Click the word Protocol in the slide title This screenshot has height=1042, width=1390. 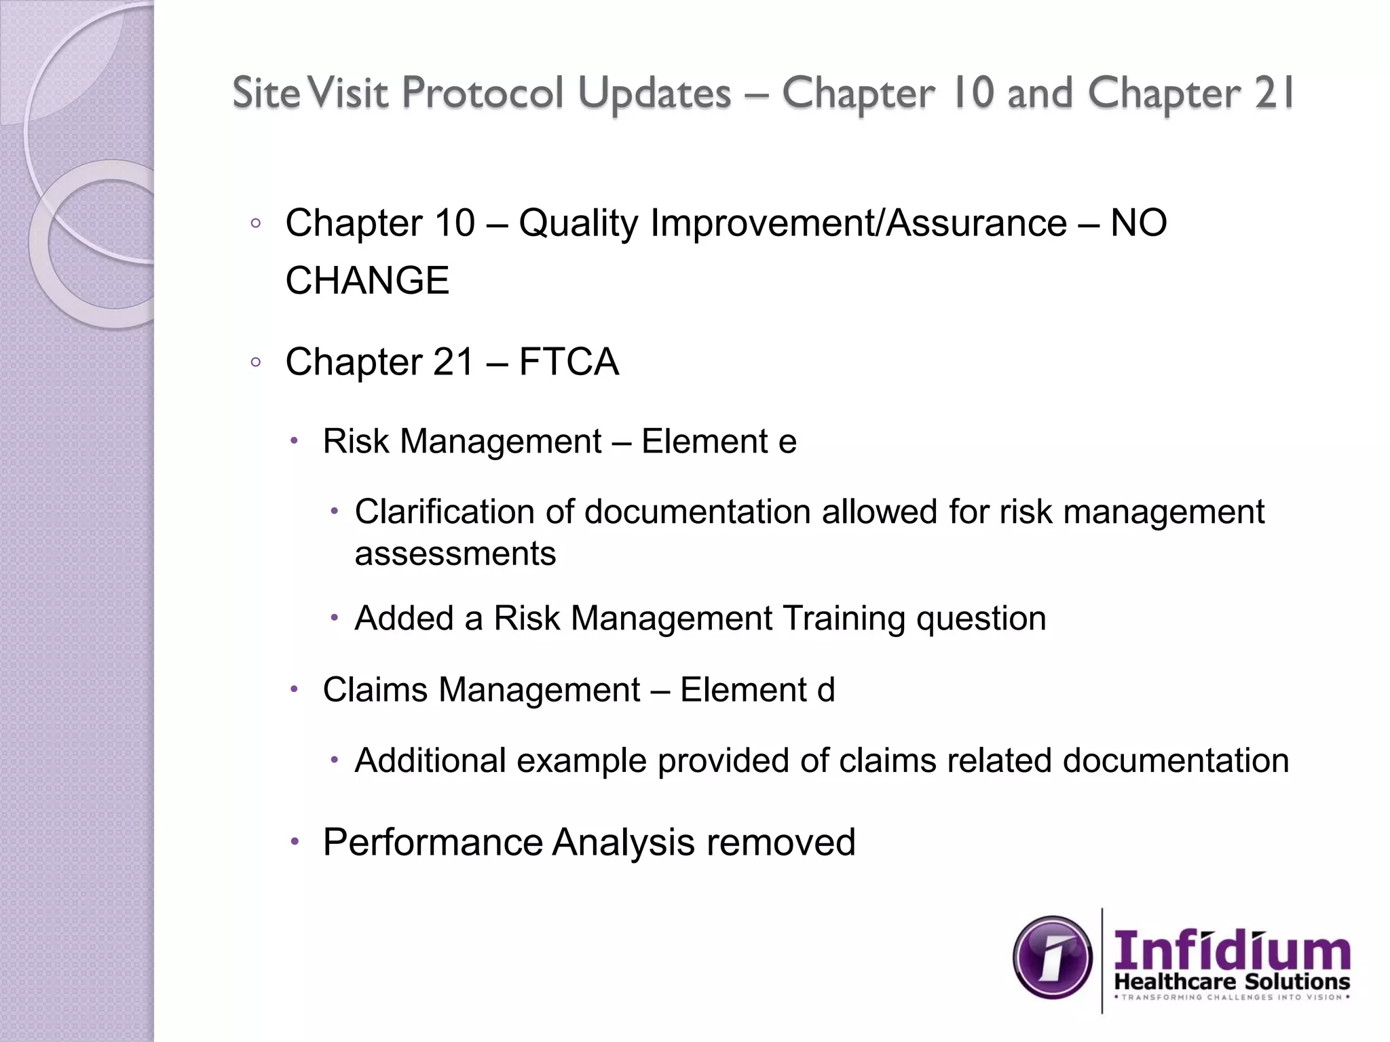[483, 93]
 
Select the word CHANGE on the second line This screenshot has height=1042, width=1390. [367, 280]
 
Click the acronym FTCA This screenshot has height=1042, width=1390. [569, 362]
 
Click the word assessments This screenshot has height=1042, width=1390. [455, 554]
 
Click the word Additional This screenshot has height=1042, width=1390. [430, 760]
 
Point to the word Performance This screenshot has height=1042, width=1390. [433, 843]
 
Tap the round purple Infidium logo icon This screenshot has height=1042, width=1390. [1053, 957]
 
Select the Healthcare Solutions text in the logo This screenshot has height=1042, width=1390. [1232, 981]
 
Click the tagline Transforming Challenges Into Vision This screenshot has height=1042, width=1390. [1232, 997]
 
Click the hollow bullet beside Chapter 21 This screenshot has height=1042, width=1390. [255, 362]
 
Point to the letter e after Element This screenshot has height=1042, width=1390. [787, 442]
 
